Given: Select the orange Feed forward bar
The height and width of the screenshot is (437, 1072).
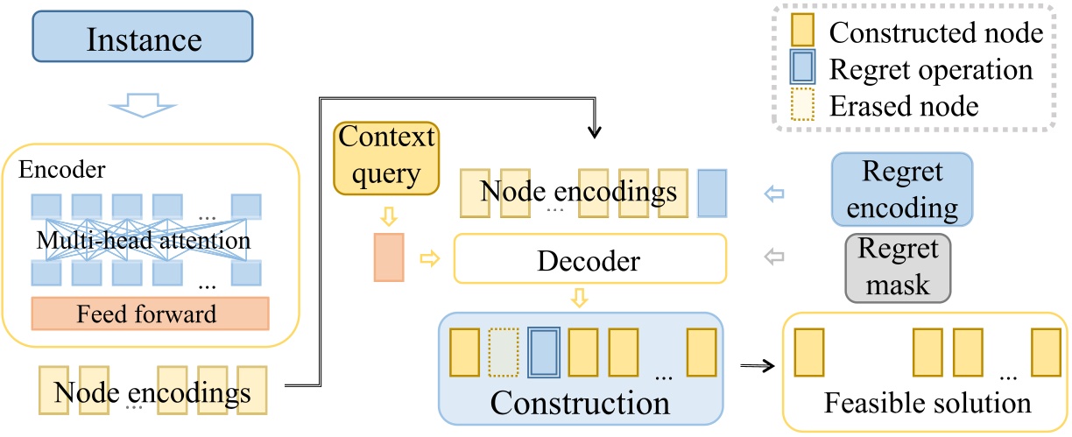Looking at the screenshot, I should pyautogui.click(x=151, y=314).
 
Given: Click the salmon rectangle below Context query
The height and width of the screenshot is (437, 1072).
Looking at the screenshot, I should pyautogui.click(x=388, y=257).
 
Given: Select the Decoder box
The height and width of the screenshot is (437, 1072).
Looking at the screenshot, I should pyautogui.click(x=590, y=259).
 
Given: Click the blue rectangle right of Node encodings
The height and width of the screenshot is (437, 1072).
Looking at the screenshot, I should pyautogui.click(x=712, y=194).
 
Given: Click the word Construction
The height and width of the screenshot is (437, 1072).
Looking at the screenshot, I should pyautogui.click(x=580, y=403).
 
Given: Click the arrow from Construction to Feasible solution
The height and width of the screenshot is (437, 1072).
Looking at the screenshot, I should pyautogui.click(x=757, y=366).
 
